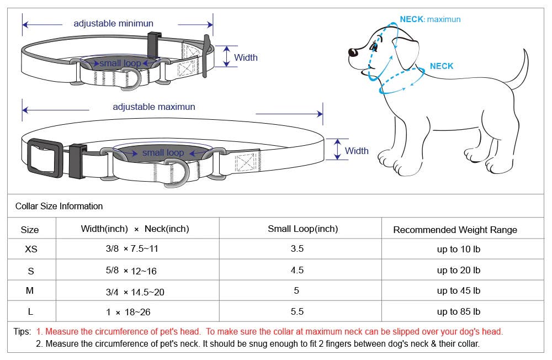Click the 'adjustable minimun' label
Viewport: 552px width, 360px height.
tap(113, 24)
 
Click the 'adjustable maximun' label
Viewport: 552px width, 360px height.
tap(154, 107)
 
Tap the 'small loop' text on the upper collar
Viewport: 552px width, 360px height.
tap(120, 63)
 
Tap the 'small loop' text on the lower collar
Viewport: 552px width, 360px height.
tap(163, 152)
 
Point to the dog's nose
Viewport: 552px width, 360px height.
tap(352, 52)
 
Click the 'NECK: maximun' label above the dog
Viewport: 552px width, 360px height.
tap(430, 19)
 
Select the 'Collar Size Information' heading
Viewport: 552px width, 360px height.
tap(59, 207)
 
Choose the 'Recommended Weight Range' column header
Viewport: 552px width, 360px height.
tap(455, 230)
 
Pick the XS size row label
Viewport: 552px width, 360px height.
tap(31, 249)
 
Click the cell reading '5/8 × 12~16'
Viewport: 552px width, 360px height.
tap(131, 271)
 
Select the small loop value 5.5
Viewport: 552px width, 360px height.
tap(297, 311)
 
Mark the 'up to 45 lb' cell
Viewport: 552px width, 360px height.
tap(458, 291)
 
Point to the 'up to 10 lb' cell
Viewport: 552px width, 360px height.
tap(458, 250)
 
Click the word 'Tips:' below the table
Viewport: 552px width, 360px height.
tap(22, 332)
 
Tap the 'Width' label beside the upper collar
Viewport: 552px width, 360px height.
tap(246, 57)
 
